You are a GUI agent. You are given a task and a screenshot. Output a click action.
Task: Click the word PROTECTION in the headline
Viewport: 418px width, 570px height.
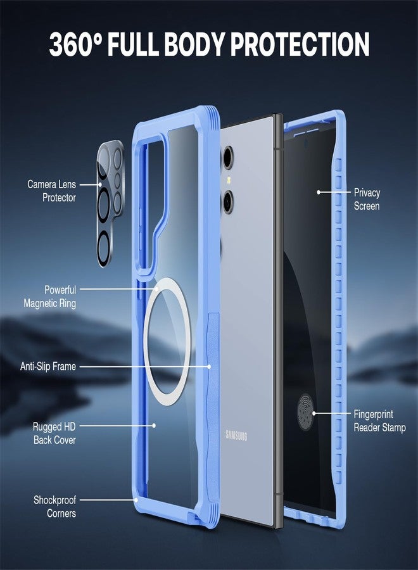pyautogui.click(x=300, y=44)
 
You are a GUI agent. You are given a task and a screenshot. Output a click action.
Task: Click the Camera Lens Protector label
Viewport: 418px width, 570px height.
pyautogui.click(x=51, y=191)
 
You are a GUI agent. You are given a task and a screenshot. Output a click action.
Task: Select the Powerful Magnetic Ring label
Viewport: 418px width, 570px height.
pyautogui.click(x=50, y=296)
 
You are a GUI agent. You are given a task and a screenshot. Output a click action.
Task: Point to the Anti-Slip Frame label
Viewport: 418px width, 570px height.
pyautogui.click(x=48, y=366)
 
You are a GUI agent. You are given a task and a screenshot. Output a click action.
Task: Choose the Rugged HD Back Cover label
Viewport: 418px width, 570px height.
pyautogui.click(x=54, y=433)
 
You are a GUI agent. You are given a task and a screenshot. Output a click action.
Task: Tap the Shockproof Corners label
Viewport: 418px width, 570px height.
pyautogui.click(x=55, y=507)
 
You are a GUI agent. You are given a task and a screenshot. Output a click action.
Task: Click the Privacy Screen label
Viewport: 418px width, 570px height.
pyautogui.click(x=367, y=199)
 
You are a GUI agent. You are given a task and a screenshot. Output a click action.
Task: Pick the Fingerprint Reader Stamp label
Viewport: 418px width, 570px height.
pyautogui.click(x=379, y=421)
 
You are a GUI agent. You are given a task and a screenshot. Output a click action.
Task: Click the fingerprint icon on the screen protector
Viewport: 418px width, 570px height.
pyautogui.click(x=305, y=412)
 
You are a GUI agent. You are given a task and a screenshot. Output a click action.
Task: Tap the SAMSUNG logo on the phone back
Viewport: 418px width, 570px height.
pyautogui.click(x=236, y=434)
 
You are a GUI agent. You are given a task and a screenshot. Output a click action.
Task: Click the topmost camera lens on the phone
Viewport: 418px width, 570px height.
pyautogui.click(x=228, y=158)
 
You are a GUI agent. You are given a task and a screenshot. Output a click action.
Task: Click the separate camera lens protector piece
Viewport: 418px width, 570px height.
pyautogui.click(x=110, y=203)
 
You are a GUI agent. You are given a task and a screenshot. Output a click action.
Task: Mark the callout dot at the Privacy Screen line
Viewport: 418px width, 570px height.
pyautogui.click(x=319, y=192)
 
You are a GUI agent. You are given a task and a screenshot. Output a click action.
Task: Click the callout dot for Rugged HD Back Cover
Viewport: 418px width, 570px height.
pyautogui.click(x=154, y=426)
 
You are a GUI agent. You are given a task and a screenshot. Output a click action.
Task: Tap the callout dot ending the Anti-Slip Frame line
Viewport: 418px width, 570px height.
pyautogui.click(x=210, y=367)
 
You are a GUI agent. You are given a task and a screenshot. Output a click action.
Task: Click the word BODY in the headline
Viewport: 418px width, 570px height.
pyautogui.click(x=195, y=44)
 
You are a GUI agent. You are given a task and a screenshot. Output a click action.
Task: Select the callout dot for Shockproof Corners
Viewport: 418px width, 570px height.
pyautogui.click(x=136, y=500)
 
